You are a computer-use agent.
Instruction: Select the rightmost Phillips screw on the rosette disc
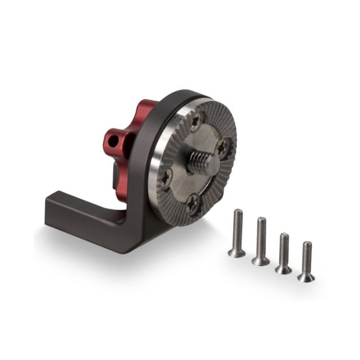(222, 147)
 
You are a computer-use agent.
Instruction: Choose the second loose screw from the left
(260, 240)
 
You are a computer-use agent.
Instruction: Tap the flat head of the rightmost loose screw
(305, 277)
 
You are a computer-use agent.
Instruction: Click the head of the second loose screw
(260, 260)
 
